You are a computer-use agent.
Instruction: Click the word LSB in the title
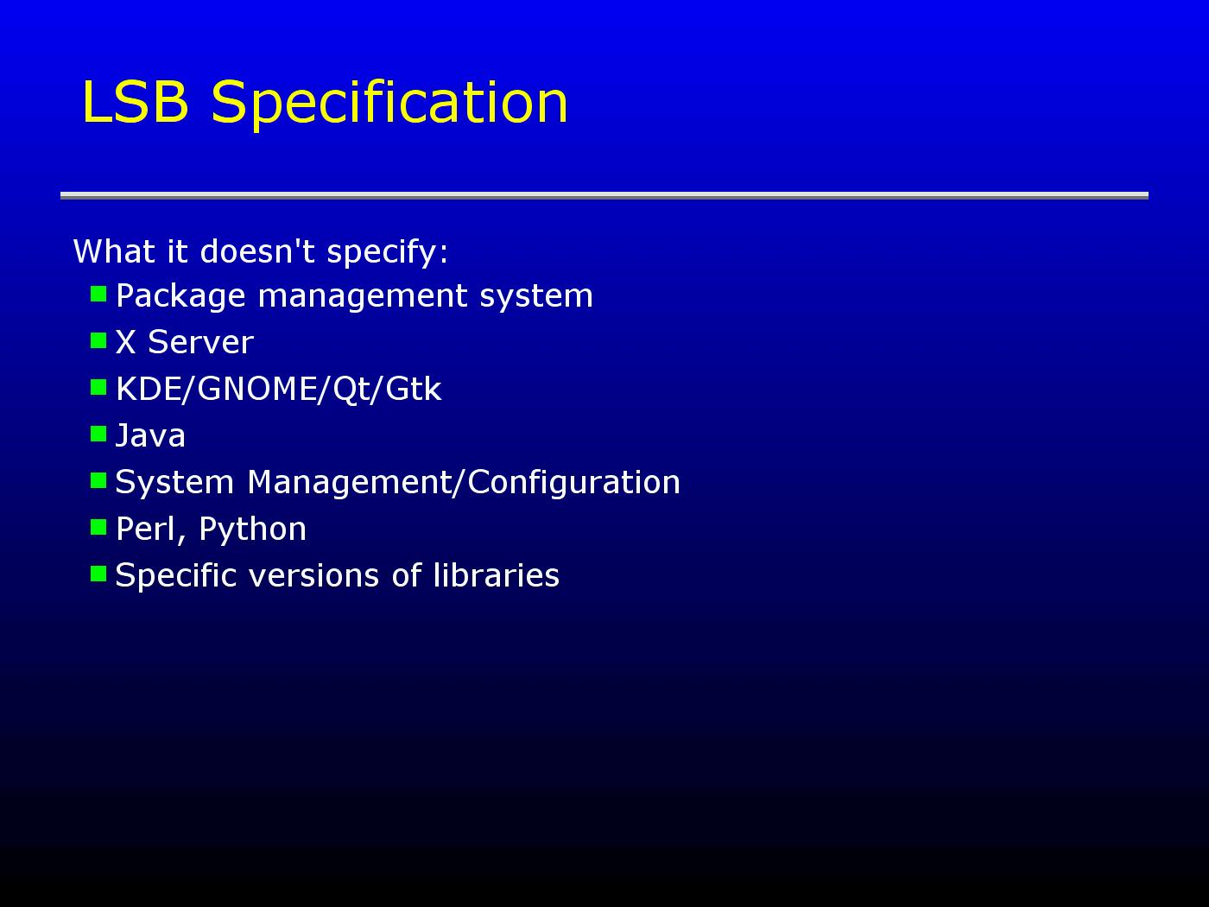(136, 102)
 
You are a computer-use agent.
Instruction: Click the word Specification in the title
(389, 105)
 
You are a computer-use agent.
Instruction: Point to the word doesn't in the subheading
(257, 251)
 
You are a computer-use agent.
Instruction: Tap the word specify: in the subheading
(387, 253)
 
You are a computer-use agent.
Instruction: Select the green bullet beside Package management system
(98, 294)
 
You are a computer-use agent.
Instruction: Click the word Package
(180, 297)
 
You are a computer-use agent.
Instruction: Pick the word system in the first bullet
(536, 297)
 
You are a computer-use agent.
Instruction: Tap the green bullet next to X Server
(98, 341)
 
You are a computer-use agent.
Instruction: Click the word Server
(201, 342)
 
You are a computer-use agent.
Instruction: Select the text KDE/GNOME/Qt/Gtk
(279, 389)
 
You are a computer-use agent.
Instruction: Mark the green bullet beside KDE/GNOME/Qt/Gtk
(98, 388)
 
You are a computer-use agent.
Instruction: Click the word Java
(149, 435)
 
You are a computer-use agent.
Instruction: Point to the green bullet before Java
(98, 434)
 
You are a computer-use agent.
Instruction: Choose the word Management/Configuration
(464, 483)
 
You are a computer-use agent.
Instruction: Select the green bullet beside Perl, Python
(98, 528)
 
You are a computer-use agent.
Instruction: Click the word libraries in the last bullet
(496, 575)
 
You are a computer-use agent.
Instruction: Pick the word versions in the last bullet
(314, 576)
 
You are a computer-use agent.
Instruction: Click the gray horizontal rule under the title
(604, 195)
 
